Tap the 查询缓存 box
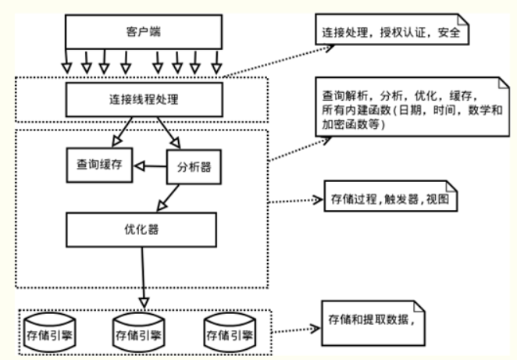pos(98,165)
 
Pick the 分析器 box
pos(192,166)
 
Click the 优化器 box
pos(141,230)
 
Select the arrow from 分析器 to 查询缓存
pos(150,166)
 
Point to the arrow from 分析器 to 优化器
pos(173,195)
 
